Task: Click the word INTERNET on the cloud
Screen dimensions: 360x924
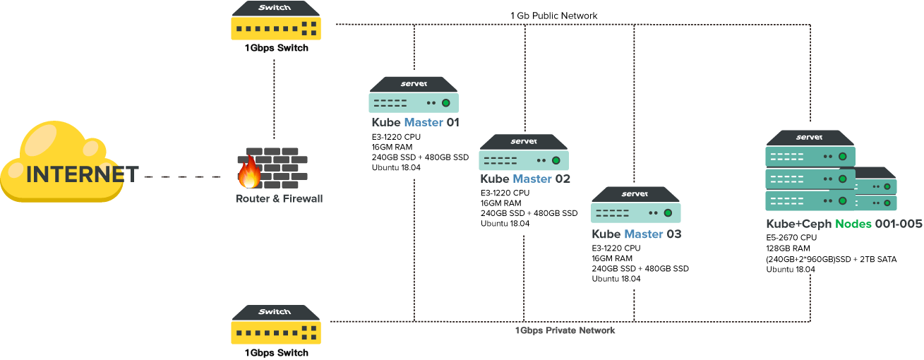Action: [x=82, y=174]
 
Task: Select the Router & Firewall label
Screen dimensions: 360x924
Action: [x=279, y=199]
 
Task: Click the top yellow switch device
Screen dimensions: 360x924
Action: [x=276, y=21]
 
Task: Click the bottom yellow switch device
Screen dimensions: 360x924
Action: [x=276, y=325]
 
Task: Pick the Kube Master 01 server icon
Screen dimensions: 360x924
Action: [x=414, y=96]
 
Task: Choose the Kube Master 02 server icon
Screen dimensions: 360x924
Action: [x=524, y=153]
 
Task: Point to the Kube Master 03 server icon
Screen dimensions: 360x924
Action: [x=635, y=206]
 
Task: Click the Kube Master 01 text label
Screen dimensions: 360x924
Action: [x=415, y=123]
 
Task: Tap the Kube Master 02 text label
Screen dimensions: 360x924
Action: [x=524, y=179]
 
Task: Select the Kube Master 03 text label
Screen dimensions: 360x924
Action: [x=636, y=234]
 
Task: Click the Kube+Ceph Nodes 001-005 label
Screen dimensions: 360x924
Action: [x=844, y=224]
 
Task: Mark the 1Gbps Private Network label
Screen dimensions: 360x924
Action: [x=565, y=330]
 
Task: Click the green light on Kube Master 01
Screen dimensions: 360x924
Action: [x=446, y=103]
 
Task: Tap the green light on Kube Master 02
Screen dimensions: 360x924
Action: [x=556, y=160]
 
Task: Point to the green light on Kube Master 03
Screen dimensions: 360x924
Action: [x=668, y=213]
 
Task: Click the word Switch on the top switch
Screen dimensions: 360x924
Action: [x=275, y=7]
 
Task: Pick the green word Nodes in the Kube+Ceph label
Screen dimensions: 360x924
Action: [x=853, y=224]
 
